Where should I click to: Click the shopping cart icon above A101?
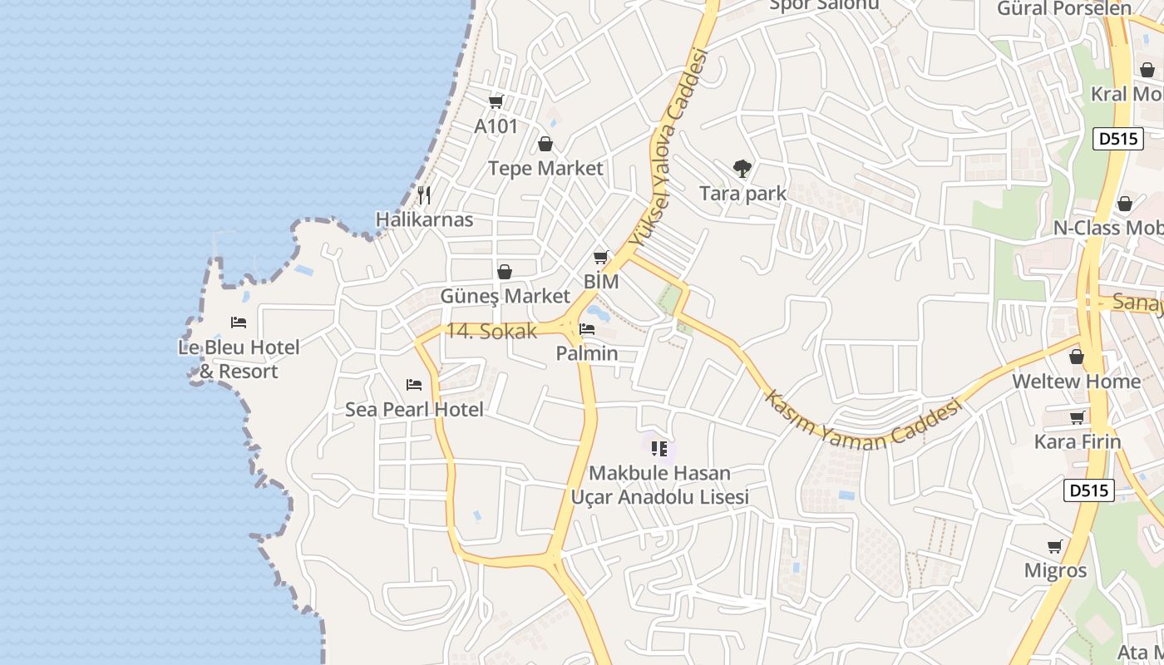tap(496, 101)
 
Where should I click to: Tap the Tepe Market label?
tap(545, 168)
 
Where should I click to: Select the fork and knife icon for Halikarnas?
tap(424, 195)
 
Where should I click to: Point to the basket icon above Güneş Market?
tap(505, 272)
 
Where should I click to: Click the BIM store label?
tap(601, 282)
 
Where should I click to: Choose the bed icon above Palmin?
tap(587, 329)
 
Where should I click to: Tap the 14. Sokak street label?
tap(491, 331)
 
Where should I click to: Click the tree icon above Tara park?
tap(742, 169)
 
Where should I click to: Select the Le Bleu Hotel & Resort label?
tap(239, 359)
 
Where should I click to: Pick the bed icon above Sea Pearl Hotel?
tap(414, 384)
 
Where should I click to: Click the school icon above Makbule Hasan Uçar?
tap(659, 449)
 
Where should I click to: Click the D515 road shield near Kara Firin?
tap(1088, 490)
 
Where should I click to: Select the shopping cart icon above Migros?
tap(1055, 546)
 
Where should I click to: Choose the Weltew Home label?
tap(1076, 382)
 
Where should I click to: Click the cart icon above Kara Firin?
tap(1078, 417)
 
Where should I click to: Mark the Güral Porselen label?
tap(1064, 8)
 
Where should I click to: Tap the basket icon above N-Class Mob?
tap(1125, 204)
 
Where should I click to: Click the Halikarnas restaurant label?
tap(424, 219)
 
